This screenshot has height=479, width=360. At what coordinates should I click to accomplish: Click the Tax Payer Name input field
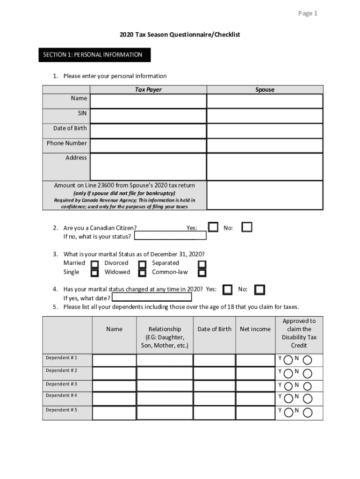(x=148, y=101)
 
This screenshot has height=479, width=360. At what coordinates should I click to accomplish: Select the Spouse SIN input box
(x=265, y=116)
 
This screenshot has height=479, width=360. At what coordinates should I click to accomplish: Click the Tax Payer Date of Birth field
(x=148, y=131)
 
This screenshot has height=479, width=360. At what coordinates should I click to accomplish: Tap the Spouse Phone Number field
(x=265, y=145)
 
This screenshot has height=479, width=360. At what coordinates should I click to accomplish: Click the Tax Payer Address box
(x=148, y=167)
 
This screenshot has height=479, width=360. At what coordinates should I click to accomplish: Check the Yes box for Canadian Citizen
(x=213, y=227)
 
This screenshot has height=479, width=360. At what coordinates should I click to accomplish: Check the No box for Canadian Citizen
(x=247, y=227)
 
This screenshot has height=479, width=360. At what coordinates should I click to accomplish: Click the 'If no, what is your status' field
(x=170, y=236)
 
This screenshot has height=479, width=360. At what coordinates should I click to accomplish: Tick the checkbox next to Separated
(x=202, y=264)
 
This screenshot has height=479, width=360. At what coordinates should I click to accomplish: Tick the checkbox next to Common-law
(x=202, y=273)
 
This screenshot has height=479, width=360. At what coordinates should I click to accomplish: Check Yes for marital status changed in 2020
(x=228, y=290)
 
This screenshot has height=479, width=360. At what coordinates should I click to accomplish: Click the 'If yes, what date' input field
(x=151, y=298)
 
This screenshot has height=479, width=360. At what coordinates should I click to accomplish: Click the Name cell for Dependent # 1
(x=114, y=360)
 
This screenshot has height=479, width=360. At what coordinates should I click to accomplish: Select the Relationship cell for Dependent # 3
(x=165, y=385)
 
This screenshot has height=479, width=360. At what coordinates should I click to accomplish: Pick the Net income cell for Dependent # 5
(x=255, y=413)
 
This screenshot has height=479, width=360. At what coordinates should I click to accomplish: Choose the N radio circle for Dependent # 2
(x=308, y=373)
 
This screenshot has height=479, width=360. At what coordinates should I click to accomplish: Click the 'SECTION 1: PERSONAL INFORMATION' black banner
(x=94, y=55)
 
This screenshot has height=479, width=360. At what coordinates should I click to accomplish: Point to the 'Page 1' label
(x=308, y=14)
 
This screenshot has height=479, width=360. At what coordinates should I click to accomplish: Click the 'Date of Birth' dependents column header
(x=214, y=329)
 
